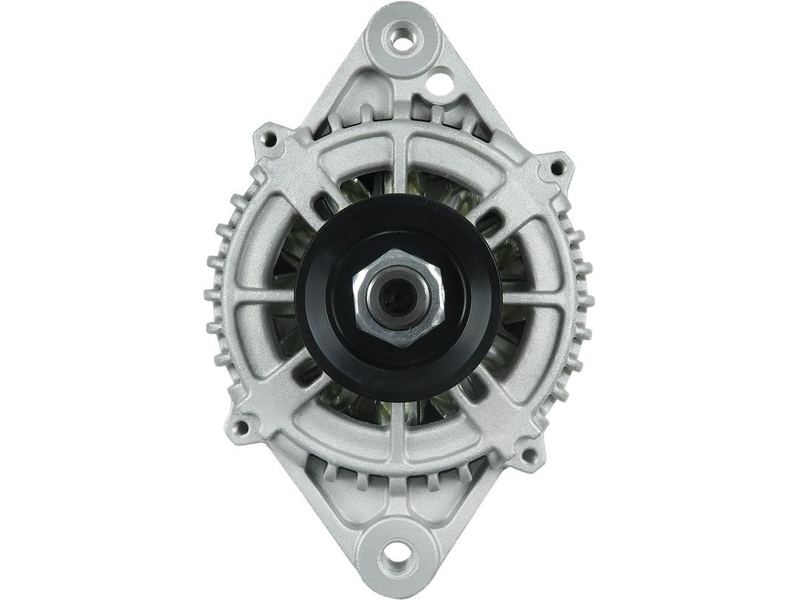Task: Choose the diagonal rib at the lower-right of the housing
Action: point(503,407)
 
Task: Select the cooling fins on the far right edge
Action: point(584,296)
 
